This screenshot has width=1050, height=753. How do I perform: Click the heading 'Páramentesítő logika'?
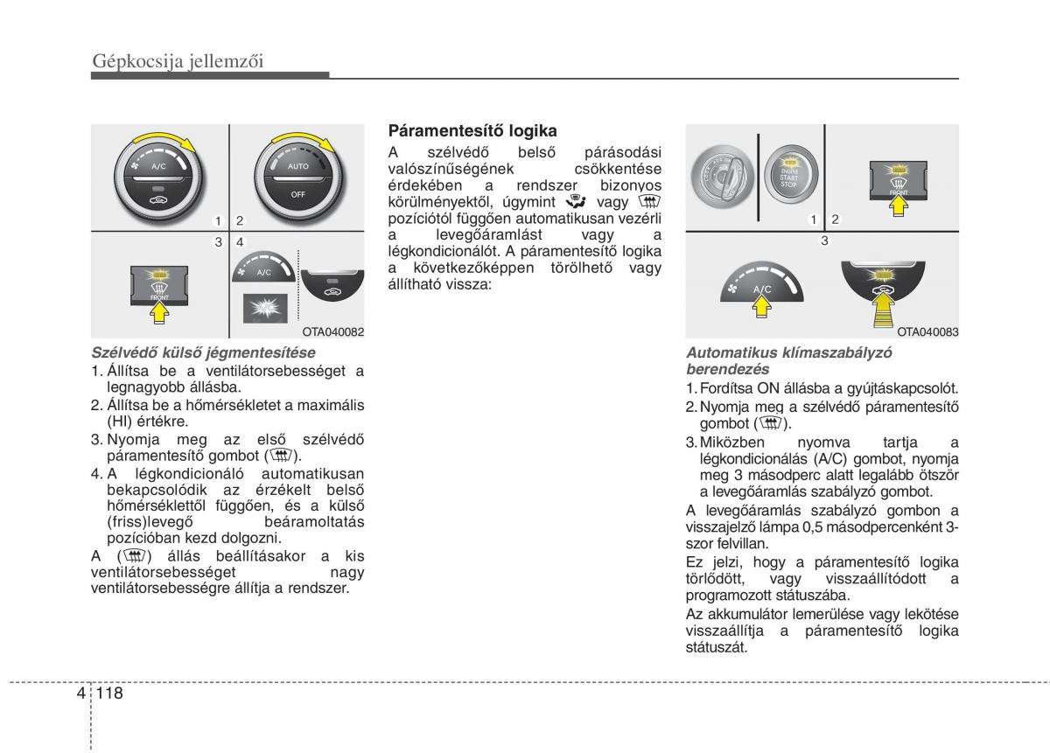tap(472, 131)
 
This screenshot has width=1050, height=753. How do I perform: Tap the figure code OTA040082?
tap(332, 331)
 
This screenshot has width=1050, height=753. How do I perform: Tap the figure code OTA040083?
tap(927, 331)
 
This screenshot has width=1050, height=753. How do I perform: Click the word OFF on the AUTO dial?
tap(297, 194)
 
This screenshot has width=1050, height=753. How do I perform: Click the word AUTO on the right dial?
tap(297, 165)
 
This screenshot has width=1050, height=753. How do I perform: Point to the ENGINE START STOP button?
tap(789, 172)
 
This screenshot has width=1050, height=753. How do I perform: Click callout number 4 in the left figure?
tap(238, 241)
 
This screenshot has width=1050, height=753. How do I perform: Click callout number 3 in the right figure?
tap(822, 241)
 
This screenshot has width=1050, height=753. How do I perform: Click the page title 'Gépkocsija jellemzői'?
tap(178, 61)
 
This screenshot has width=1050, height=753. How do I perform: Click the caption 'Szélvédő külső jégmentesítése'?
tap(203, 353)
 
